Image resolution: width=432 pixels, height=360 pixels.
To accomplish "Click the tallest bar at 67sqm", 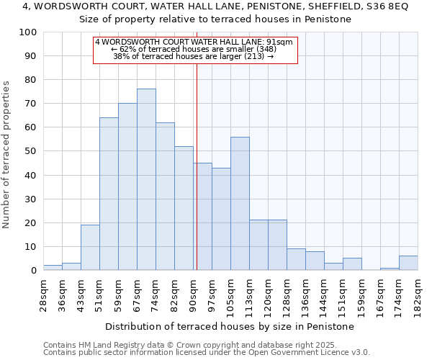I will (146, 179).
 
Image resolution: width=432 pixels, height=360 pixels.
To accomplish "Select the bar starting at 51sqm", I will (109, 194).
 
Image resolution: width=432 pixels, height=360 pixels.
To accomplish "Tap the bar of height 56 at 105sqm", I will (240, 203).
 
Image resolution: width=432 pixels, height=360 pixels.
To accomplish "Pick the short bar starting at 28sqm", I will (53, 267).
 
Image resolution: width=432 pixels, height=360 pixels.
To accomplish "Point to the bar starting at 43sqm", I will (90, 247).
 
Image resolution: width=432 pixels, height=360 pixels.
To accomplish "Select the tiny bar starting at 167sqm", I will (390, 269).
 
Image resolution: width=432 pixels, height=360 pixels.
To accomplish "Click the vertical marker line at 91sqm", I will (197, 166).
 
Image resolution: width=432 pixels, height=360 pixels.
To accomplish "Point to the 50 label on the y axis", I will (31, 151).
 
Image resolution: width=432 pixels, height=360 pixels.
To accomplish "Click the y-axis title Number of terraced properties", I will (7, 155).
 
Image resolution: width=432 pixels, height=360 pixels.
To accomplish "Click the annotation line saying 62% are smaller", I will (194, 49).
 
